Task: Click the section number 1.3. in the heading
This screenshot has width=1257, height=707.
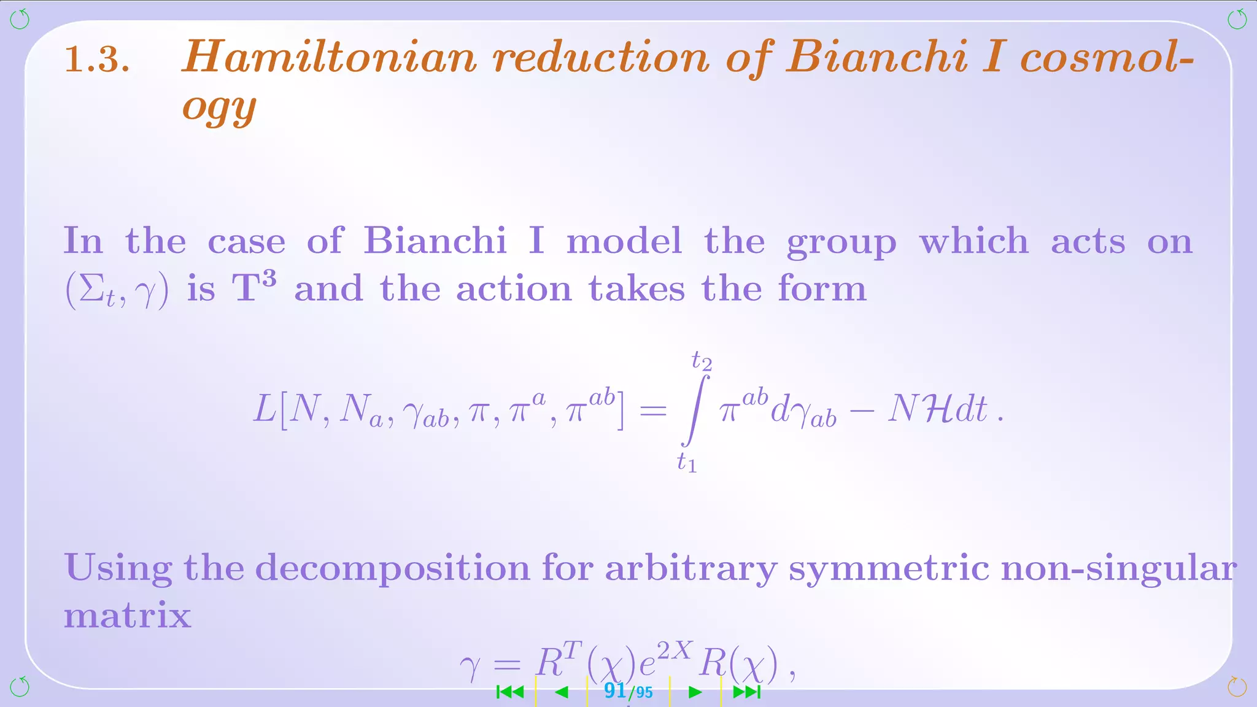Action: [x=97, y=60]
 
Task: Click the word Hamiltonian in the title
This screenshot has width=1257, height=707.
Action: [x=329, y=57]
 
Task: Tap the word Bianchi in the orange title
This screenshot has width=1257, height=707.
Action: [x=877, y=57]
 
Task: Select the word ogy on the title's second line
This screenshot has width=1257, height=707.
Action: [x=219, y=108]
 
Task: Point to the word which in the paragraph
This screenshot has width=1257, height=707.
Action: [x=973, y=241]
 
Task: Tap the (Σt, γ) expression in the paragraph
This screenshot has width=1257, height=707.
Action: [x=117, y=290]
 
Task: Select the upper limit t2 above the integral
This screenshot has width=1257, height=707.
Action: [x=702, y=360]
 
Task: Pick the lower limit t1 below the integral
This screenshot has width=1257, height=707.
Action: [x=687, y=462]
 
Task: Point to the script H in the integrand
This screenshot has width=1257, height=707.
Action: [x=937, y=409]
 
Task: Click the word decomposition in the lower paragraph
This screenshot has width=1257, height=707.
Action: [x=392, y=568]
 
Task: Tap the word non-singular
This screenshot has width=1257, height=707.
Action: [x=1118, y=568]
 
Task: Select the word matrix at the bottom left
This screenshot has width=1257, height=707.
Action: [x=128, y=614]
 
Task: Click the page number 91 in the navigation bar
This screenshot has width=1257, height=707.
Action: [x=614, y=691]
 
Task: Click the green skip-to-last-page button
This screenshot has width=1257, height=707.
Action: [x=747, y=692]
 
